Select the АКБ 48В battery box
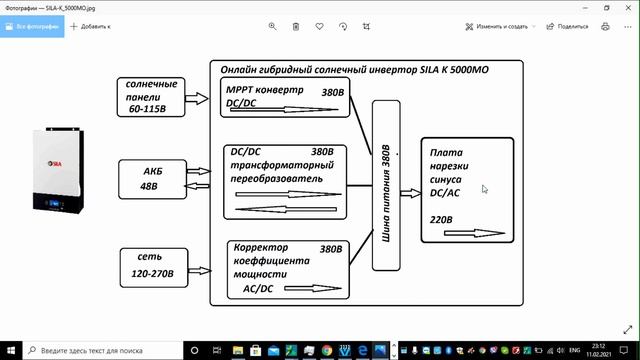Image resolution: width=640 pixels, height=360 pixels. (150, 178)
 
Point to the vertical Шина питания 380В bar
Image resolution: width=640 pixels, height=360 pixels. (386, 185)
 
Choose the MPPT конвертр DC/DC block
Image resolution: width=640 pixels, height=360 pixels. (285, 98)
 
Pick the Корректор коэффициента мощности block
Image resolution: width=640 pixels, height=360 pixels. (286, 267)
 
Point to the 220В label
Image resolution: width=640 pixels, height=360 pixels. (441, 219)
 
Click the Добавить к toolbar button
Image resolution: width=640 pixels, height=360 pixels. (92, 26)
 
